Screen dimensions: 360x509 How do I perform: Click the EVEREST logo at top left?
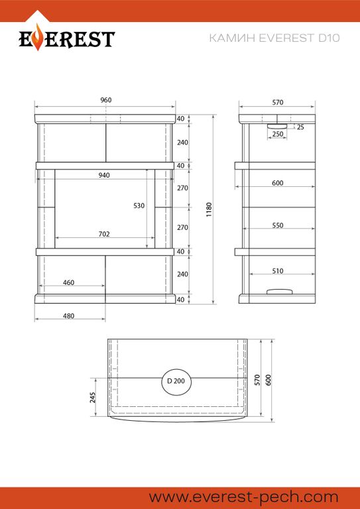[67, 38]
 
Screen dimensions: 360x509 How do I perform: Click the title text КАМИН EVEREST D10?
[274, 38]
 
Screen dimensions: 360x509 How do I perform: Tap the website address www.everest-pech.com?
[243, 497]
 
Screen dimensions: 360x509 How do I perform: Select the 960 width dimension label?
[106, 100]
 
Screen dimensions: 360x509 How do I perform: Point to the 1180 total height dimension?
[209, 210]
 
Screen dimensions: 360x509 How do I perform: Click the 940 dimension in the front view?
[104, 175]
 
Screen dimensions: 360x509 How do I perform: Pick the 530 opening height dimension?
[139, 205]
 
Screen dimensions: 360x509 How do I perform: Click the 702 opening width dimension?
[104, 234]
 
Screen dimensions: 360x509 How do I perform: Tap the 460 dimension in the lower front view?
[68, 282]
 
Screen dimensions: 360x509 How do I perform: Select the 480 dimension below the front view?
[68, 316]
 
